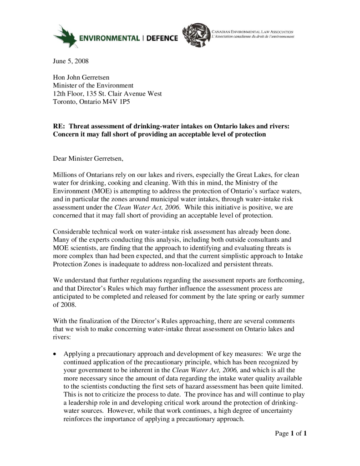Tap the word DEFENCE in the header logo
162,39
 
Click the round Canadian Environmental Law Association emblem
196,35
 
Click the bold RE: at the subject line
60,127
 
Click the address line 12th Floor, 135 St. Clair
107,94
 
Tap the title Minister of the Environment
93,86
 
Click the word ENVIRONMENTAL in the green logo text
109,39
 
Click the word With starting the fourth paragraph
61,321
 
